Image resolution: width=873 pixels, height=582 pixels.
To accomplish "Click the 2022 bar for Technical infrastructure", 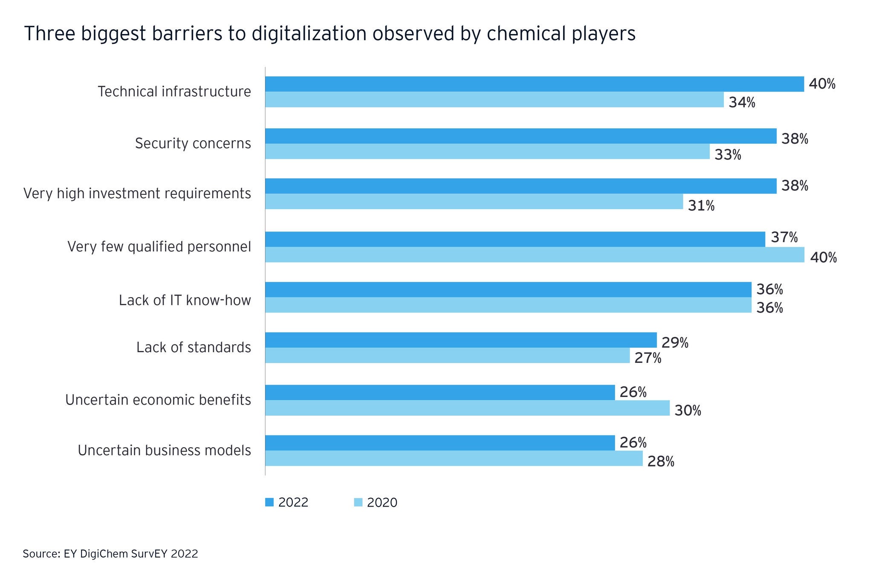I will coord(534,84).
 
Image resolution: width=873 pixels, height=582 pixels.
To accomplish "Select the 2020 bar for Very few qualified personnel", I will coord(535,255).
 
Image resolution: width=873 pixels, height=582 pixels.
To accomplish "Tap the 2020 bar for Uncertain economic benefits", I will coord(467,408).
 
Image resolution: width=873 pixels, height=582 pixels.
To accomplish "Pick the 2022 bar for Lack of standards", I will coord(461,340).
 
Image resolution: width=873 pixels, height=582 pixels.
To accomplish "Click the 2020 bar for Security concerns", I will coord(487,151).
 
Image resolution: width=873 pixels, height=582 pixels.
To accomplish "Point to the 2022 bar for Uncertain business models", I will coord(440,443).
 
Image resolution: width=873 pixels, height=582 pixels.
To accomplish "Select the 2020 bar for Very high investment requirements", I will coord(474,201).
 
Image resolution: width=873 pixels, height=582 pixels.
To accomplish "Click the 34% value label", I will coord(742,103).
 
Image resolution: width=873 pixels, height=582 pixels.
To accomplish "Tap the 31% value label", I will coord(701,206).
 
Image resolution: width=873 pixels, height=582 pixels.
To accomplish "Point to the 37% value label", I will coord(784,237).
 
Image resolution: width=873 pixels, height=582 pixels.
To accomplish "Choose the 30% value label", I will coord(688,411).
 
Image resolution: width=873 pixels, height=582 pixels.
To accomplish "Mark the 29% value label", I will coord(675,342).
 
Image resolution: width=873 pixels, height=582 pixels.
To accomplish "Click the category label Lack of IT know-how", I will coord(185,301).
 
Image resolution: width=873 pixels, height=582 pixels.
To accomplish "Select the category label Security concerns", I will coord(193,143).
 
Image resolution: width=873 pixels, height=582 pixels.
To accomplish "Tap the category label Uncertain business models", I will coord(164,450).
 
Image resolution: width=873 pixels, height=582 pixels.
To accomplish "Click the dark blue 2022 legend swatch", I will coord(269,502).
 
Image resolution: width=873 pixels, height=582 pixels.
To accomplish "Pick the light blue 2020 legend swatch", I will coord(358,502).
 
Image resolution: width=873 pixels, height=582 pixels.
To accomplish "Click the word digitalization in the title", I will coord(309,34).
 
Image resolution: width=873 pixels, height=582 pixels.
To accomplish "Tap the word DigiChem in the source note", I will coord(102,554).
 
